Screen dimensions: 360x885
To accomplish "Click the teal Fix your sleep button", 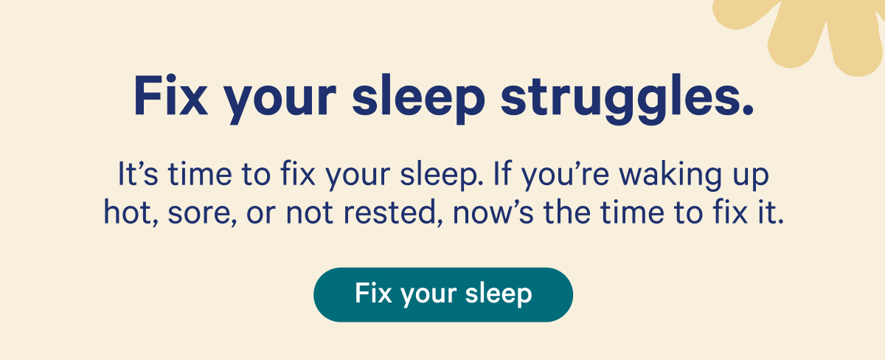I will pos(442,294).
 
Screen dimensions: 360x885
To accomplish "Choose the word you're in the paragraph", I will pos(568,177).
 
